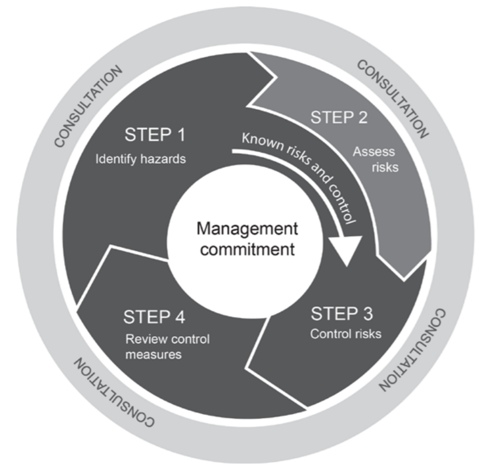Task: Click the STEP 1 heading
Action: (x=155, y=136)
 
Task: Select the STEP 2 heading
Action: (x=339, y=117)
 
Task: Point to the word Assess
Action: (x=374, y=151)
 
